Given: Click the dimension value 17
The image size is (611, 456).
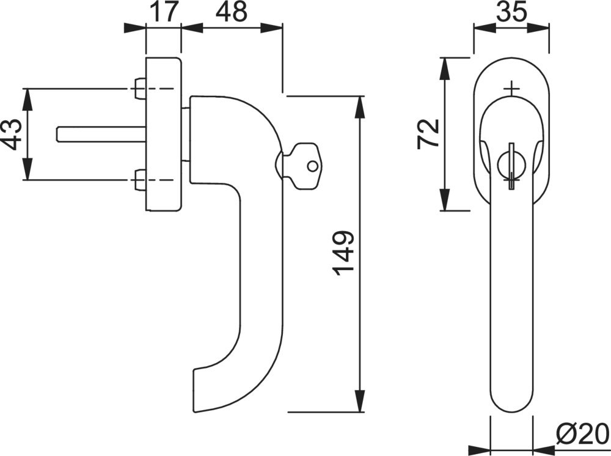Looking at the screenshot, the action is pyautogui.click(x=163, y=11).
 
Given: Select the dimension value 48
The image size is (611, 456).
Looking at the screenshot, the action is pyautogui.click(x=232, y=11).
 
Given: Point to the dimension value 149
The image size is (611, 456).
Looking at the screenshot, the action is pyautogui.click(x=343, y=254).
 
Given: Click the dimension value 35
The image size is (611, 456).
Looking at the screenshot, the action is pyautogui.click(x=511, y=11).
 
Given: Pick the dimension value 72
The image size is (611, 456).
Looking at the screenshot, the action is pyautogui.click(x=428, y=134).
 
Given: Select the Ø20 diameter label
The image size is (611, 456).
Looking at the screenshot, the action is pyautogui.click(x=582, y=433).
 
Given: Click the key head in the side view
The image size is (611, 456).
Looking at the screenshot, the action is pyautogui.click(x=306, y=166).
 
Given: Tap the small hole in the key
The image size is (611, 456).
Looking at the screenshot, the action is pyautogui.click(x=312, y=166).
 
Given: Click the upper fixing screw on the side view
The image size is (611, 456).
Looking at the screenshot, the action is pyautogui.click(x=139, y=89).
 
